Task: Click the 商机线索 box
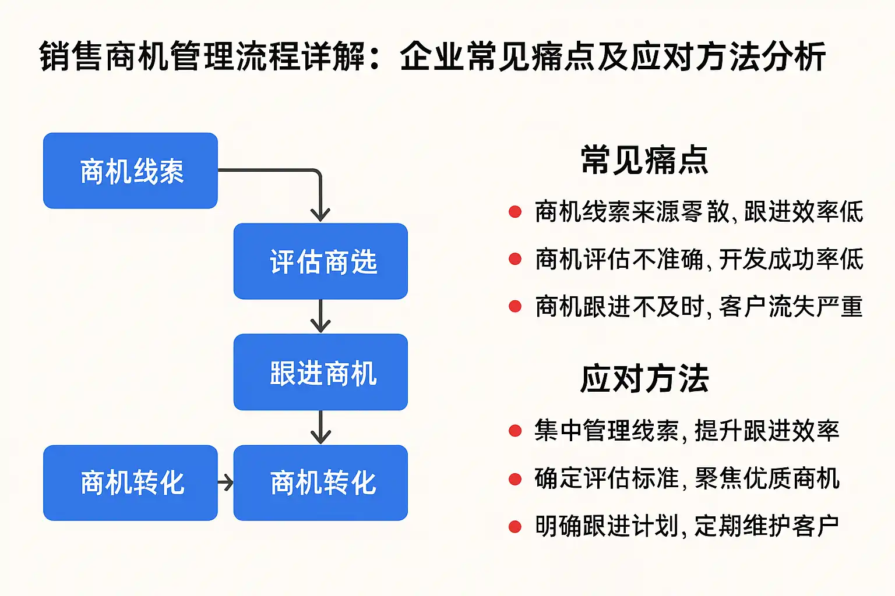(x=131, y=171)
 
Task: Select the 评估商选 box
(x=320, y=261)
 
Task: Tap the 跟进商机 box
(x=320, y=372)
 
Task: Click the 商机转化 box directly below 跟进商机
(x=320, y=483)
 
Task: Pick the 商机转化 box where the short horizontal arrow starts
(x=131, y=483)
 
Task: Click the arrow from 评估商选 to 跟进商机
(x=320, y=316)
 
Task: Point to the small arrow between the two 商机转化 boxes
(x=225, y=483)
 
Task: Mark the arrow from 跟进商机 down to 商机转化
(x=320, y=427)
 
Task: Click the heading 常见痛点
(x=644, y=160)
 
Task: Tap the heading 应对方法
(x=644, y=378)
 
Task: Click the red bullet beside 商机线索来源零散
(x=515, y=211)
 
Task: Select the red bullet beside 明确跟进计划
(x=515, y=527)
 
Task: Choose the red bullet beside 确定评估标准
(x=515, y=479)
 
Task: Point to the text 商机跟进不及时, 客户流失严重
(x=699, y=307)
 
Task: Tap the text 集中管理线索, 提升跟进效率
(x=686, y=431)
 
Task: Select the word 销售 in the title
(x=72, y=56)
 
